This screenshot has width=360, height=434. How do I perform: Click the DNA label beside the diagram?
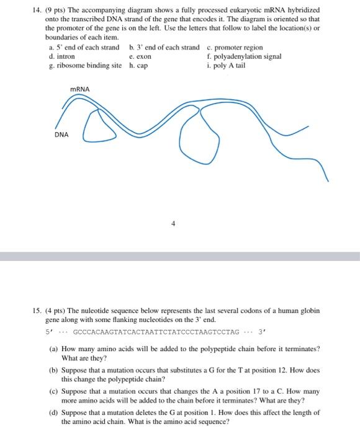tap(61, 134)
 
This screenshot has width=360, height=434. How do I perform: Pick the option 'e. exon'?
tap(140, 56)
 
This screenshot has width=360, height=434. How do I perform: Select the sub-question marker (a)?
tap(53, 350)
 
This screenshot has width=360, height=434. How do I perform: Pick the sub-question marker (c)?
tap(53, 392)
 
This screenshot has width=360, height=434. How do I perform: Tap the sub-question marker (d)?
tap(53, 413)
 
